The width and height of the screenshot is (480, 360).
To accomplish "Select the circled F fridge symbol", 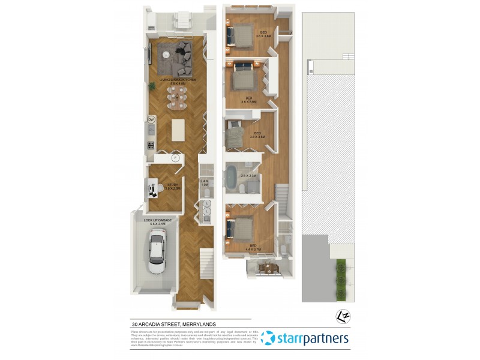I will click(175, 158).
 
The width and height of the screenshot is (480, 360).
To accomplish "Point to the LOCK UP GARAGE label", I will click(158, 220).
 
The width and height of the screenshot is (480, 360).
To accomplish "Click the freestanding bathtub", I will click(230, 178).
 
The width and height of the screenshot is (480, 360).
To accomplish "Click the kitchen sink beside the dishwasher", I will click(151, 130).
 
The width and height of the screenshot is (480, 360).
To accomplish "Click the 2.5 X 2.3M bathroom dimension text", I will click(248, 175).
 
